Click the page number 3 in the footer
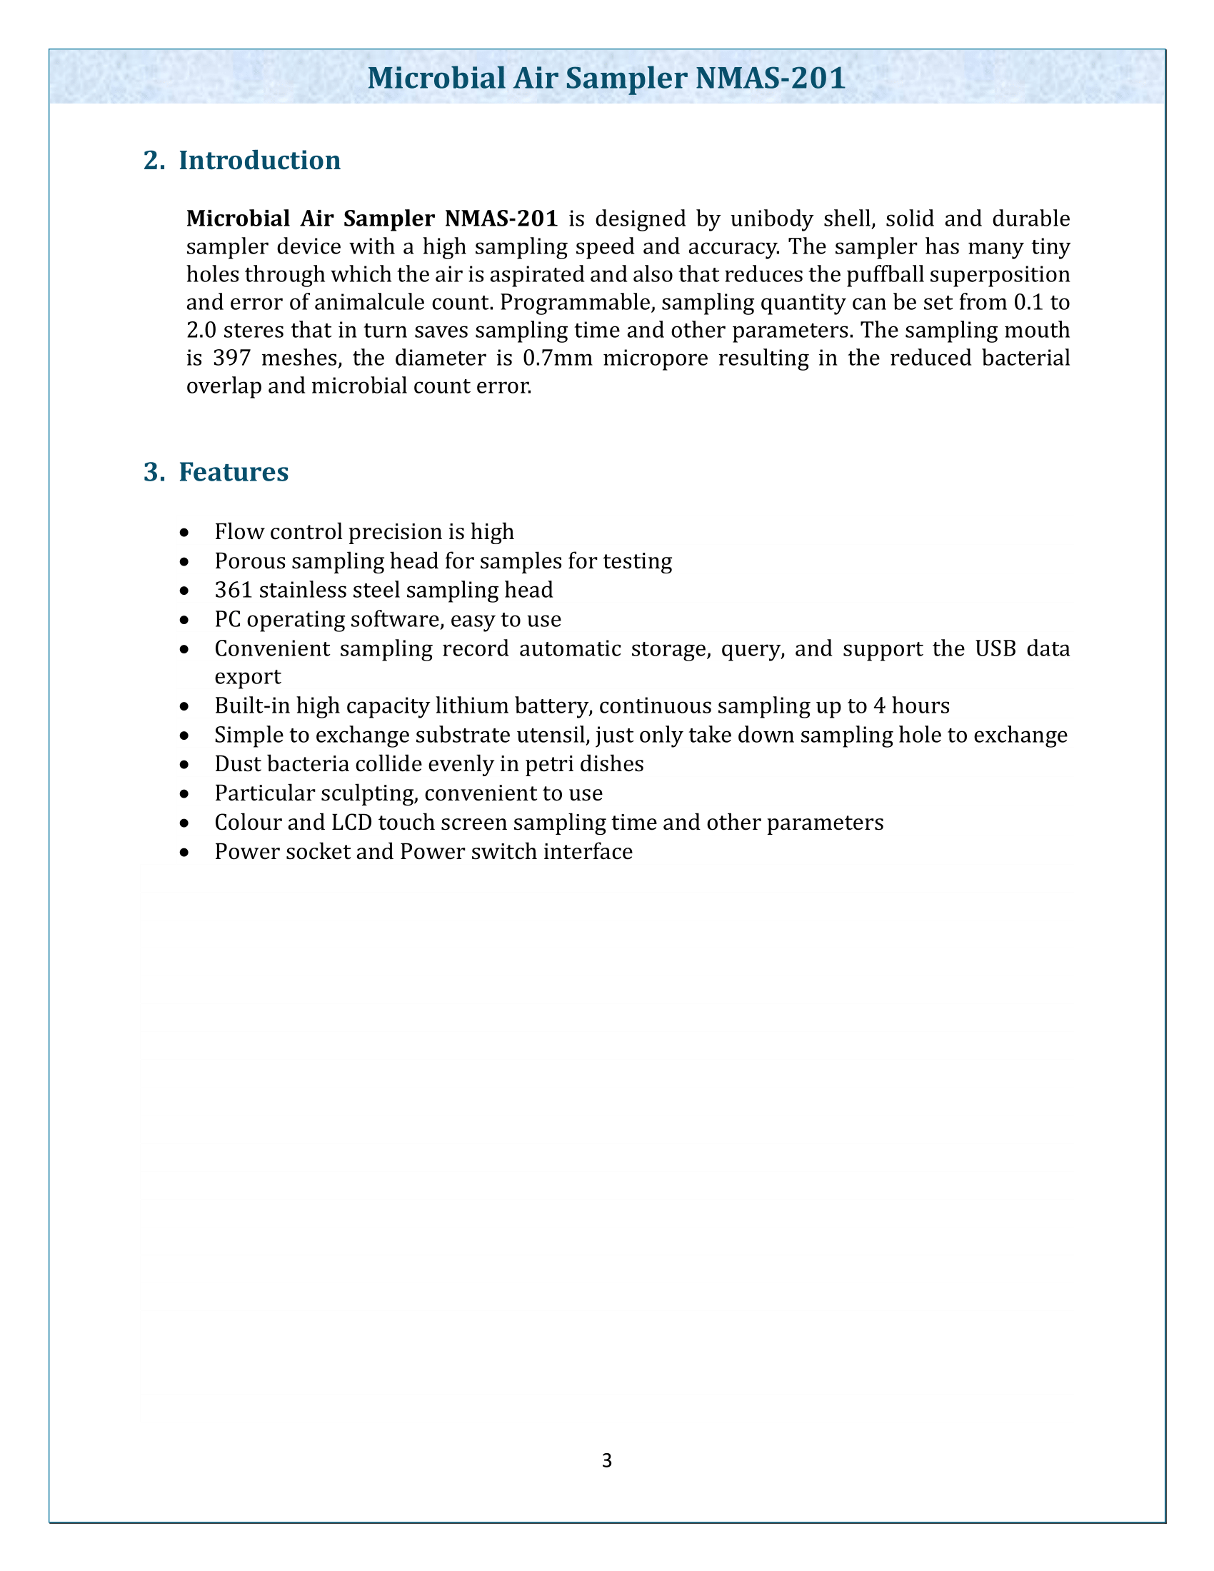606,1460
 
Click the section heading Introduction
259,160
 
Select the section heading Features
233,472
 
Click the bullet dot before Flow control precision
186,533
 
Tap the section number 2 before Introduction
151,160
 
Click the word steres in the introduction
242,330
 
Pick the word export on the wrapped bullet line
247,677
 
